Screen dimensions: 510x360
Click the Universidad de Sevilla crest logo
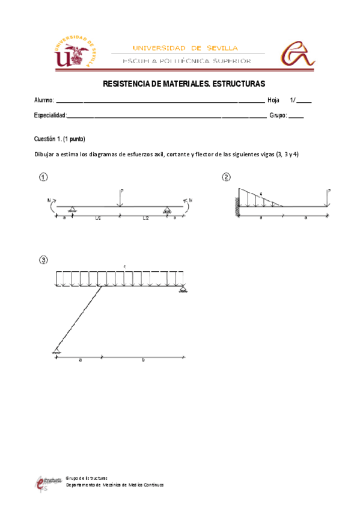tap(75, 52)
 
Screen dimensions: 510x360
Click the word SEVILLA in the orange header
tap(222, 48)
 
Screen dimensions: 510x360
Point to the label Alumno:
tap(44, 100)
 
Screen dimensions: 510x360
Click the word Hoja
tap(273, 100)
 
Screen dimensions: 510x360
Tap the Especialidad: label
tap(50, 115)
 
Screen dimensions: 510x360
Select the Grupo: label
tap(278, 115)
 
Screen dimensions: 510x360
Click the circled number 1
tap(43, 177)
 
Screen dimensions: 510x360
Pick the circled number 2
tap(226, 177)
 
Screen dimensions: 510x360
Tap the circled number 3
tap(43, 260)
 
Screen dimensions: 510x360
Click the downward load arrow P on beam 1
tap(120, 199)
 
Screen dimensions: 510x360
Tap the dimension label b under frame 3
tap(143, 360)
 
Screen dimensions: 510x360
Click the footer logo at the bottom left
tap(47, 483)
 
